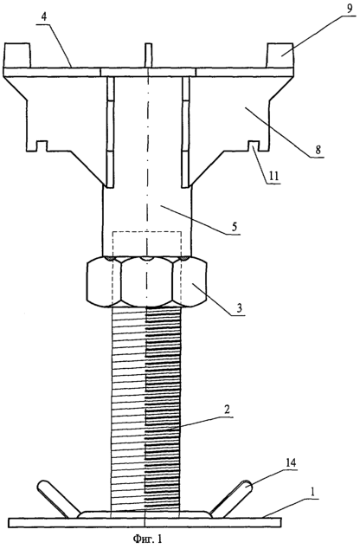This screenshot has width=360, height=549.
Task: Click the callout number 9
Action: tap(349, 10)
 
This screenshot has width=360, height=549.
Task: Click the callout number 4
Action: tap(44, 18)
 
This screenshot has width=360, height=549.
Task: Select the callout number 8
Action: tap(318, 150)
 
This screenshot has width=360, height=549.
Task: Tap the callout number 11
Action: tap(274, 176)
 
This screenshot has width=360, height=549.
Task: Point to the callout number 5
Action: tap(234, 227)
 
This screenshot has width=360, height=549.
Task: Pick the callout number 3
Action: tap(239, 308)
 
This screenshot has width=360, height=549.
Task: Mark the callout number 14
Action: tap(291, 463)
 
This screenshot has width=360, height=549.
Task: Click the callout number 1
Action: tap(313, 492)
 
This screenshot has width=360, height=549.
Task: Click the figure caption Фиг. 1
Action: tap(148, 538)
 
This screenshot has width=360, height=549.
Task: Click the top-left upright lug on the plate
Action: tap(16, 55)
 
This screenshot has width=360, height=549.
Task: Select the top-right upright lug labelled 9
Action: tap(280, 55)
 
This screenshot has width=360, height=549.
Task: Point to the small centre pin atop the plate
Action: tap(149, 55)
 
